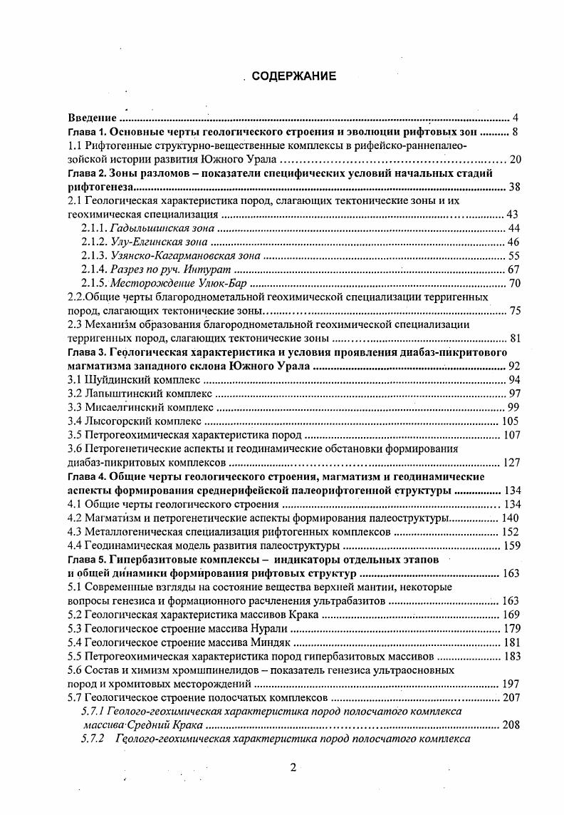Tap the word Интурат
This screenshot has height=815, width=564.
point(211,270)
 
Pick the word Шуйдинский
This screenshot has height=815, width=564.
point(118,380)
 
